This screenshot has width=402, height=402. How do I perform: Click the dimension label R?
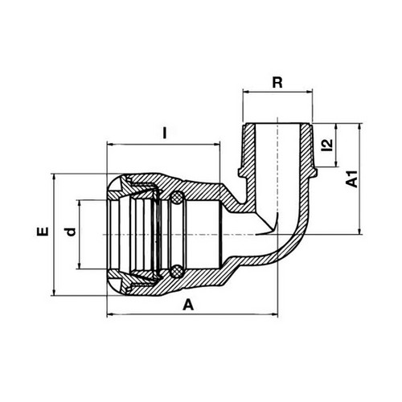(277, 83)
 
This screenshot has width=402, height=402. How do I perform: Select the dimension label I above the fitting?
(165, 133)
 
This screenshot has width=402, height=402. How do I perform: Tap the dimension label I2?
(328, 145)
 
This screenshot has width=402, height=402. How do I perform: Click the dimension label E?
(43, 232)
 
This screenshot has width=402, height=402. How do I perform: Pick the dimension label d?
(71, 232)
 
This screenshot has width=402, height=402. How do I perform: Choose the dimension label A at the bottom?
(188, 306)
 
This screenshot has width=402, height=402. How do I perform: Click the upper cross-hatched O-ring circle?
(178, 199)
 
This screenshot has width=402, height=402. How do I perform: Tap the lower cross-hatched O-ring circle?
(177, 271)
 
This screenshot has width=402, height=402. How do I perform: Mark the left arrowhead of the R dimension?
(246, 92)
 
